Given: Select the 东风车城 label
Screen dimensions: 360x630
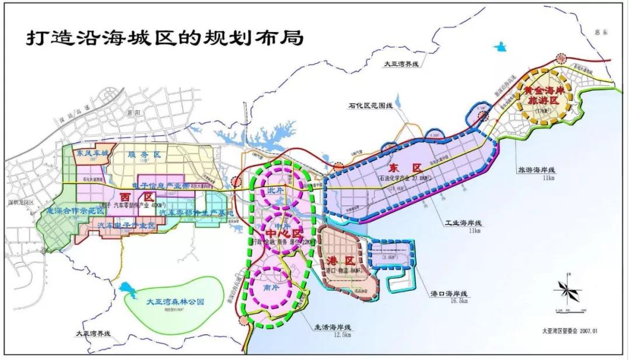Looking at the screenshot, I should pyautogui.click(x=92, y=153).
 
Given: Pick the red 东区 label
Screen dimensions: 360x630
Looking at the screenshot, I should pyautogui.click(x=408, y=167).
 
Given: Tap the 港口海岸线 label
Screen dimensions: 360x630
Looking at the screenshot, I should pyautogui.click(x=448, y=292).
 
